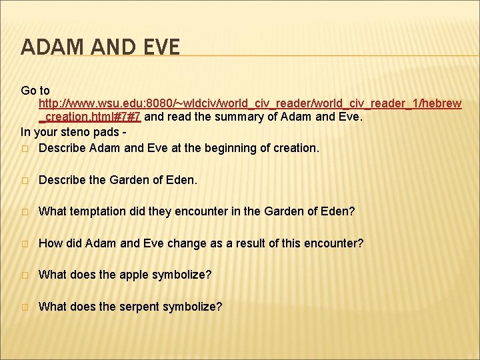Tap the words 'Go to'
35,90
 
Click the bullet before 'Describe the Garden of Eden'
25,180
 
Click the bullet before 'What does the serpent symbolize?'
25,307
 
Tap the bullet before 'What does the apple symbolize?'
25,275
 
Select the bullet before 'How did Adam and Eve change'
25,244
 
